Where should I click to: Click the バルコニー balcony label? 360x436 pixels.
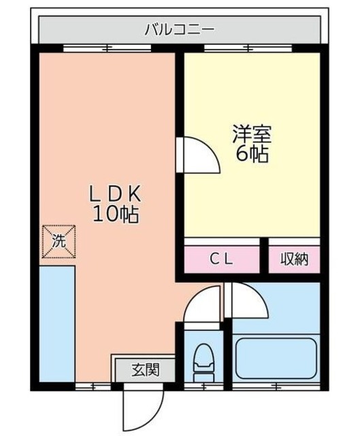(x=180, y=29)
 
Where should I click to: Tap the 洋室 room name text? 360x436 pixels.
(x=252, y=134)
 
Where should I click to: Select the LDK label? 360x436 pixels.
(x=115, y=194)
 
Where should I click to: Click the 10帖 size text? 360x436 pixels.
(x=116, y=214)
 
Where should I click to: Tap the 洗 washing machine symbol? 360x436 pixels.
(x=59, y=241)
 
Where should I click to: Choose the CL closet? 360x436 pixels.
(x=222, y=260)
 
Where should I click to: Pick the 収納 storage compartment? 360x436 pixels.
(x=295, y=260)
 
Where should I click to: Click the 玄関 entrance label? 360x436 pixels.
(x=146, y=370)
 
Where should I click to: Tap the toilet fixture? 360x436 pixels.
(x=203, y=362)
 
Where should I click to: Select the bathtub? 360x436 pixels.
(x=276, y=358)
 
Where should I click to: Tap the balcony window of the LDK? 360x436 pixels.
(x=108, y=48)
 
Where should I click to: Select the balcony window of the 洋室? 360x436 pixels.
(x=248, y=48)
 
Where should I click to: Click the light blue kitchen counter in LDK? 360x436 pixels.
(x=57, y=324)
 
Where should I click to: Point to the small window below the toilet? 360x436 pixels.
(x=203, y=386)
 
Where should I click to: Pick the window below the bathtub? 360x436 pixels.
(x=276, y=386)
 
